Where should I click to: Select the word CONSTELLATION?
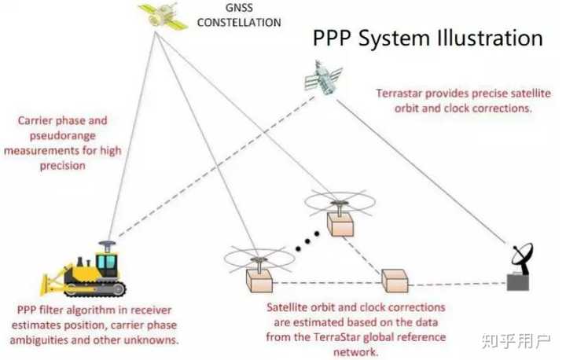point(238,23)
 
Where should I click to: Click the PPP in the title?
point(331,39)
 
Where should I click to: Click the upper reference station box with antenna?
point(340,223)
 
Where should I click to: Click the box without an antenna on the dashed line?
point(395,279)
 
